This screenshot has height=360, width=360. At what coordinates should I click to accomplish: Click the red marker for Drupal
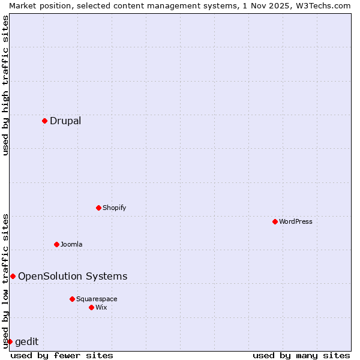coord(44,121)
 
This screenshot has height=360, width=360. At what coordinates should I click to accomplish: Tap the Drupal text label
coord(65,121)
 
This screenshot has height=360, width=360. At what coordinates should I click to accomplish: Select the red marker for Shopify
coord(98,208)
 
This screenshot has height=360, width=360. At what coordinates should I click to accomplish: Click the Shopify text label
coord(114,208)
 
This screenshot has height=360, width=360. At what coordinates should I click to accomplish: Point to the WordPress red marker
coord(275,221)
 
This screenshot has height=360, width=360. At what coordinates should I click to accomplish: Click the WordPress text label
coord(295,221)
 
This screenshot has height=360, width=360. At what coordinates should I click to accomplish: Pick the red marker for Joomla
coord(56,244)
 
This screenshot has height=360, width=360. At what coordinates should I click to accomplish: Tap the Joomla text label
coord(71,244)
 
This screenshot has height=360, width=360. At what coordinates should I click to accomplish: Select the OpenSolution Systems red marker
coord(13,276)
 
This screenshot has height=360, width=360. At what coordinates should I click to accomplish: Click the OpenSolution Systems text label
coord(73,276)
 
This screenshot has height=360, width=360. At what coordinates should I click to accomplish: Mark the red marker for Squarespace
coord(72,299)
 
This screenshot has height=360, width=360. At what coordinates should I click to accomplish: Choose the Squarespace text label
coord(97,299)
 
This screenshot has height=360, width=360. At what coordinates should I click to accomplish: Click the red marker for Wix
coord(91,307)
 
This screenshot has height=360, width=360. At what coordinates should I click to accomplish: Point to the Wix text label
coord(101,307)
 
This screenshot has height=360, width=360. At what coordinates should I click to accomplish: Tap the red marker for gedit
coord(10,341)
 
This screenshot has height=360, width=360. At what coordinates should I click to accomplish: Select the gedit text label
coord(26,341)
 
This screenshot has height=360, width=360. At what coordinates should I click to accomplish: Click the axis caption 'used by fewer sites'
coord(62,355)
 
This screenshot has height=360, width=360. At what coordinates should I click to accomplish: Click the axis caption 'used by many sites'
coord(301,355)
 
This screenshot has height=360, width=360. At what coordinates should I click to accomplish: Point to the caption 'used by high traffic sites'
coord(5,85)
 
